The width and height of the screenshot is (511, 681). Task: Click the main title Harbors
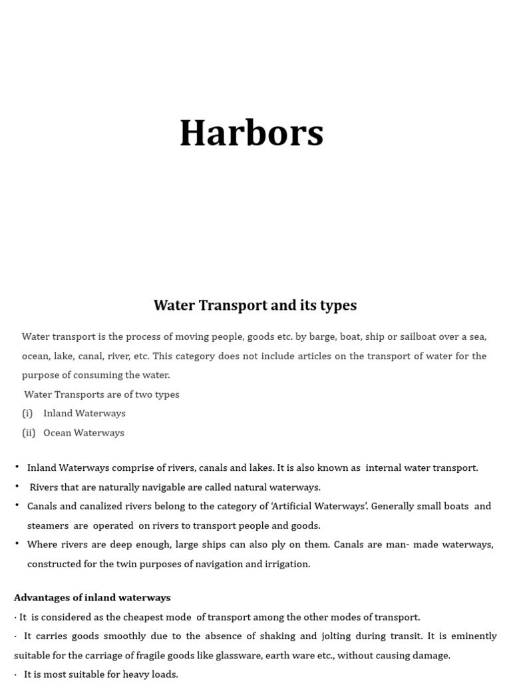pyautogui.click(x=252, y=133)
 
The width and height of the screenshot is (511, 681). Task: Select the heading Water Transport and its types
pyautogui.click(x=255, y=305)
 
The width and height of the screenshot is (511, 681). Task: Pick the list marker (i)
pyautogui.click(x=27, y=414)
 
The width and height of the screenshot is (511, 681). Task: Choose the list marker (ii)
pyautogui.click(x=29, y=433)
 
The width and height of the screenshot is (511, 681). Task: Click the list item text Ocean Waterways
pyautogui.click(x=84, y=433)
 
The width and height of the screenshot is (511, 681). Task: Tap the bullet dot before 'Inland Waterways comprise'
pyautogui.click(x=17, y=467)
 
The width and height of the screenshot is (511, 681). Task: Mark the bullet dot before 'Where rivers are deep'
pyautogui.click(x=17, y=544)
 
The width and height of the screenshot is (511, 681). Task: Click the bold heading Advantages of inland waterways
pyautogui.click(x=92, y=597)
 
